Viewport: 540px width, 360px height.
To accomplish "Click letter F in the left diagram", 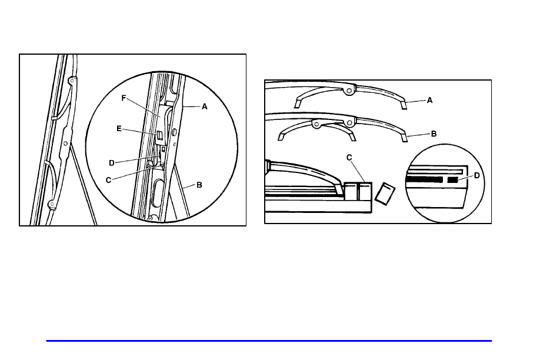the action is coord(124,98).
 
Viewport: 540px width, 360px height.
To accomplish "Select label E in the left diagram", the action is coord(119,129).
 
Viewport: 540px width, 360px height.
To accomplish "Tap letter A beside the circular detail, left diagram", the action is coord(205,107).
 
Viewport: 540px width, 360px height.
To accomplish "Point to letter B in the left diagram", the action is coord(199,185).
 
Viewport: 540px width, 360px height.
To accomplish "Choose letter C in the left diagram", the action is coord(108,180).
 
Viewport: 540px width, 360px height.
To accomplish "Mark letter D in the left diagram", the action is coord(112,163).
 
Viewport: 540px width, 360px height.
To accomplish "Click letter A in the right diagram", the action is coord(429,100).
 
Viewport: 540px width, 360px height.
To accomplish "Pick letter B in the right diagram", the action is coord(434,134).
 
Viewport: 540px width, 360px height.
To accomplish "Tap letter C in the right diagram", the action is coord(349,158).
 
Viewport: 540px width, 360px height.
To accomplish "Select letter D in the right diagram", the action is coord(477,176).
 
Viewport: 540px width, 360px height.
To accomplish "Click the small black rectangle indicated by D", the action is coord(452,180).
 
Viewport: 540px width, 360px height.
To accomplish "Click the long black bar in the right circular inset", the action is coord(424,179).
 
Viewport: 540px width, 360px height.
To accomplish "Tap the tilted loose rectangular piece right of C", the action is coord(385,194).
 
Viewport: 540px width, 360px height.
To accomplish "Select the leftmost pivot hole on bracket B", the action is coord(315,124).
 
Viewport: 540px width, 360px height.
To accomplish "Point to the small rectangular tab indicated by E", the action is coord(159,135).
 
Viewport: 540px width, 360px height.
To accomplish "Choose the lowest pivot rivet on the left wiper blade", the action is coord(52,204).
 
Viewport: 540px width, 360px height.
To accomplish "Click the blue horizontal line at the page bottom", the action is coord(269,341).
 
